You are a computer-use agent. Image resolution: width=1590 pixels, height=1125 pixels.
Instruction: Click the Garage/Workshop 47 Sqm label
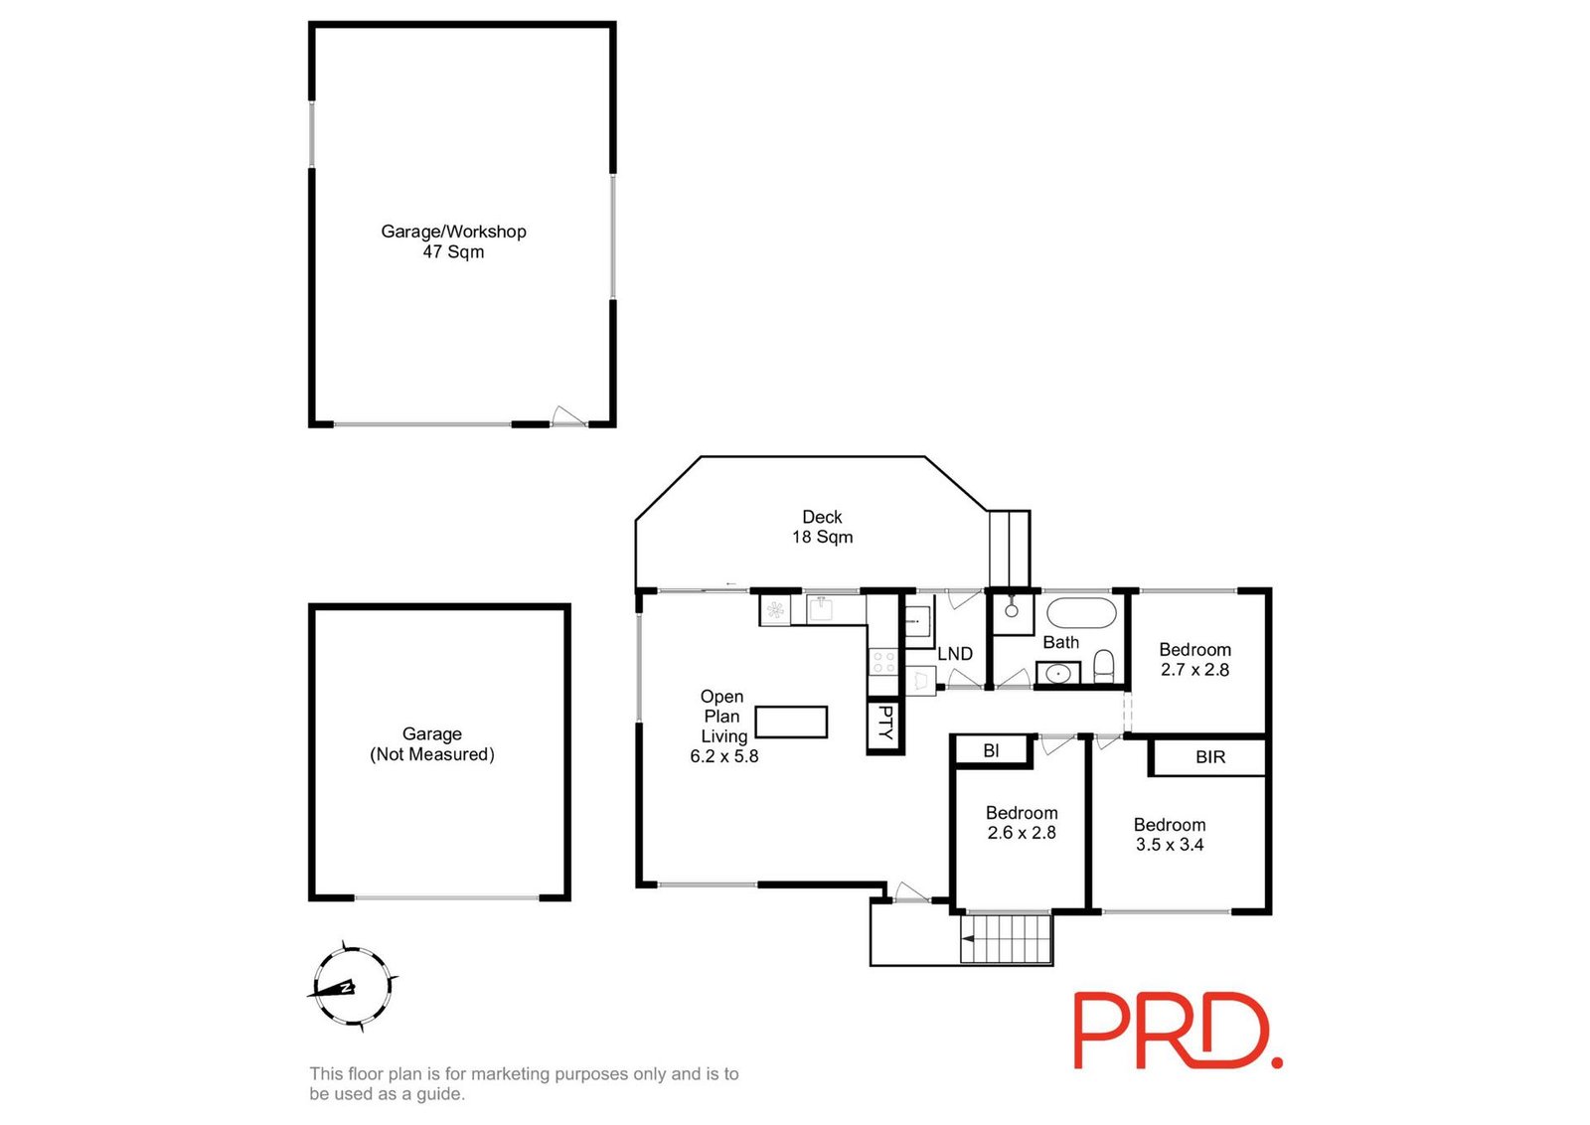[x=453, y=241]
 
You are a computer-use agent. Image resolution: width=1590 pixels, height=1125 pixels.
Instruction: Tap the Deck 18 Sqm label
[x=822, y=527]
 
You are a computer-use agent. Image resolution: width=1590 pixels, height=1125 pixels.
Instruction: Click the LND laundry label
[x=955, y=654]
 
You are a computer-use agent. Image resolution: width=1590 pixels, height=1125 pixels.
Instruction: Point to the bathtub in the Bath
[x=1081, y=612]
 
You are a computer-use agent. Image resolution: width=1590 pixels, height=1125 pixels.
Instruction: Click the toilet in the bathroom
[x=1104, y=665]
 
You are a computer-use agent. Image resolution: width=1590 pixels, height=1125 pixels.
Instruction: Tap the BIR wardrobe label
[x=1209, y=757]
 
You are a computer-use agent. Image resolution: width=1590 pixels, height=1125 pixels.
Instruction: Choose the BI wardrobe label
[x=991, y=751]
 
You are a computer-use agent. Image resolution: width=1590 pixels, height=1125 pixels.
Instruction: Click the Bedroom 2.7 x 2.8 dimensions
[x=1194, y=670]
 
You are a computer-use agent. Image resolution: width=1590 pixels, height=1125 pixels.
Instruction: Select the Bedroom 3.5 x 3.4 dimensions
[x=1170, y=845]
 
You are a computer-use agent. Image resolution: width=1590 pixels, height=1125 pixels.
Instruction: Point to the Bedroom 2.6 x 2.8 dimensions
[x=1022, y=833]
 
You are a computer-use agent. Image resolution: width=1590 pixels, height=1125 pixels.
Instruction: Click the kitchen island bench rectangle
[x=791, y=722]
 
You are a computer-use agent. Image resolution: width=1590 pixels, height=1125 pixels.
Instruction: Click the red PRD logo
[x=1178, y=1031]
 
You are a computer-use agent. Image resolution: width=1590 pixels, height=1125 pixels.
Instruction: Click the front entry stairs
[x=1005, y=939]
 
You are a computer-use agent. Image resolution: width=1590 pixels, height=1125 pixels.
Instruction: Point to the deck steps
[x=1010, y=549]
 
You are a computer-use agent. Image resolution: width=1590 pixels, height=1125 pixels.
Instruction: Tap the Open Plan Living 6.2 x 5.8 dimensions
[x=724, y=756]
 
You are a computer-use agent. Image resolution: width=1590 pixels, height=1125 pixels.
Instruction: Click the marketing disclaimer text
[x=524, y=1084]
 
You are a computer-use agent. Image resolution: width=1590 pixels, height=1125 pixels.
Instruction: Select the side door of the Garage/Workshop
[x=568, y=417]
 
